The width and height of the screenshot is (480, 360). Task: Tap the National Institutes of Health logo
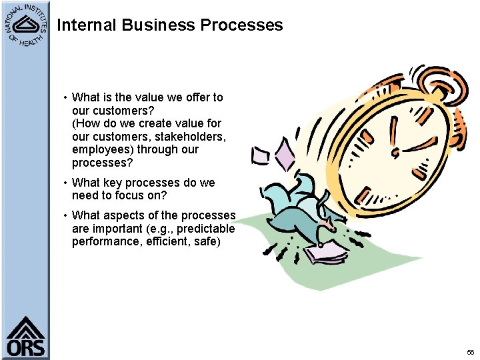(x=25, y=25)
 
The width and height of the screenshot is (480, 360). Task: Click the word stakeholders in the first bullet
(x=193, y=137)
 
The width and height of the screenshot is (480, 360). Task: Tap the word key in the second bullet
(x=114, y=183)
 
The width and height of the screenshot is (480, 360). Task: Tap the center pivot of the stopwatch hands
(x=396, y=153)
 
